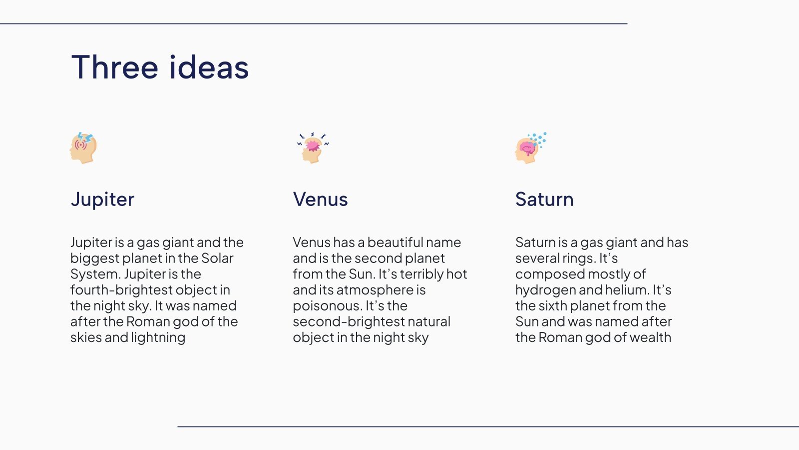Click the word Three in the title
(x=115, y=67)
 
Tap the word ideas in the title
(x=209, y=67)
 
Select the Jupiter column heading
(x=102, y=199)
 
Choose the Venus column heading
(x=320, y=199)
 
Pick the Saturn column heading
(x=544, y=199)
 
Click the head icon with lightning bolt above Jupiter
(x=83, y=148)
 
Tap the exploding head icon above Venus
(x=313, y=148)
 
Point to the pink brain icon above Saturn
(x=529, y=148)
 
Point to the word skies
(x=85, y=337)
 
